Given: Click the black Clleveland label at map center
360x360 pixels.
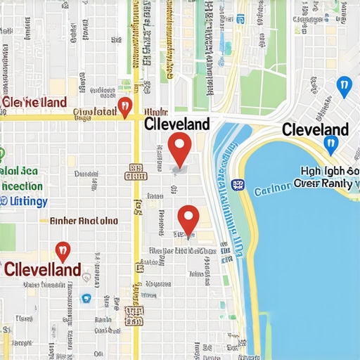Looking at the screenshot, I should pos(176,124).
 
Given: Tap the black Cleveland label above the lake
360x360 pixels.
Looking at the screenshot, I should pos(315,129).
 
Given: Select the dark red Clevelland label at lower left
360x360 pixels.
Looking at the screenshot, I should pos(42,269).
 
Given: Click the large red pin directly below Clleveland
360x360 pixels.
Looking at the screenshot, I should pos(180,148).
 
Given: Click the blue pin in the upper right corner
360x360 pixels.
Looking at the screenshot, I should pos(343,87).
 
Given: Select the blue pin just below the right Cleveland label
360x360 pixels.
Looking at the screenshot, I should pos(331,145).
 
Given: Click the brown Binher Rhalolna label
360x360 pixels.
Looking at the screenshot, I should pos(84,221).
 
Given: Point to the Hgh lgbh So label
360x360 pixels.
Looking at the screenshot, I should pos(330,171).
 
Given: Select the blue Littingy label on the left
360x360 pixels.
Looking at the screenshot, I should pos(24,202).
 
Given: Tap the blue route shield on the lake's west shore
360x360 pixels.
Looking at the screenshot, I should pos(238,184).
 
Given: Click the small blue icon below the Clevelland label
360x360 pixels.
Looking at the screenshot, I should pos(86,297).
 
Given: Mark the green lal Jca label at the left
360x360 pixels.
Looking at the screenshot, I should pos(19,170).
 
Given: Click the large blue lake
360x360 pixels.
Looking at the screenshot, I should pos(309,267).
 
